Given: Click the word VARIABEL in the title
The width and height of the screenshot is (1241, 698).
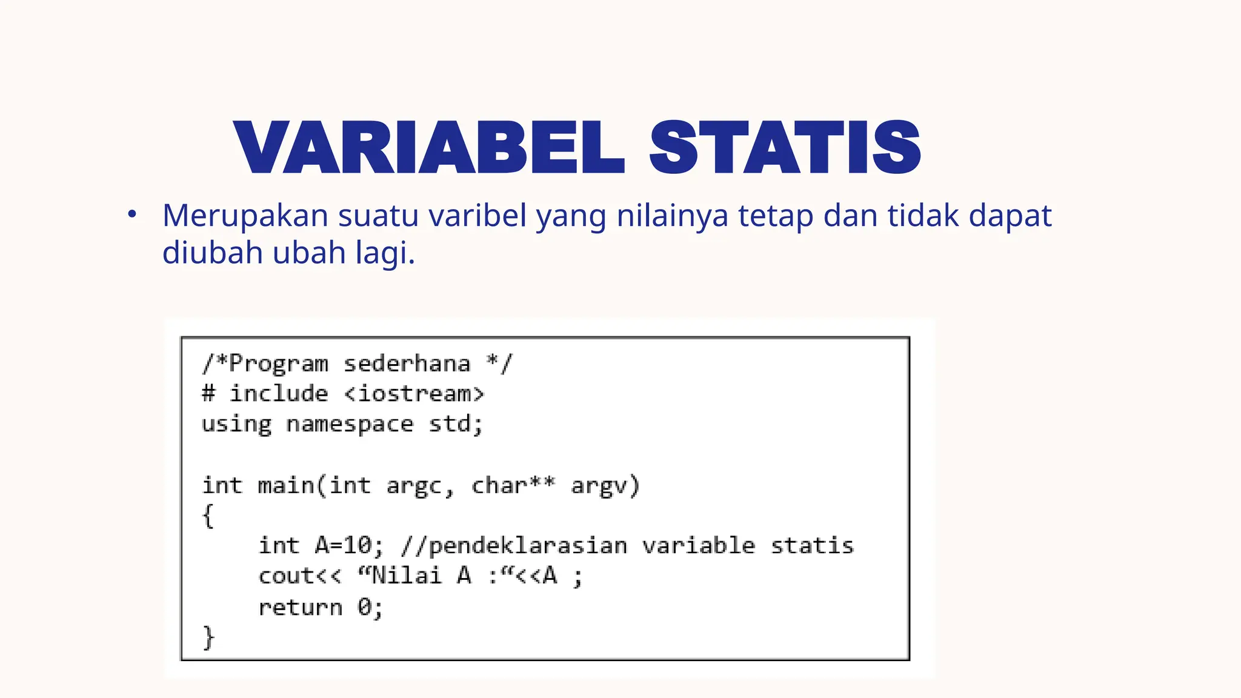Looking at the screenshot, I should (428, 147).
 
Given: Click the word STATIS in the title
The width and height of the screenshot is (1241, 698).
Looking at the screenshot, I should (785, 147).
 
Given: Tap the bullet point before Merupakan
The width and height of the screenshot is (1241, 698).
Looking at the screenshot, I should (132, 214).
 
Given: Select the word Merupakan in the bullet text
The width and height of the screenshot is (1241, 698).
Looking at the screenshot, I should (245, 216).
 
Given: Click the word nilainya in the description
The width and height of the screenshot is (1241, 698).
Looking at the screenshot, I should (672, 216).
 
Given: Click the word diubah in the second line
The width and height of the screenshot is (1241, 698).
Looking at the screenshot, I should (212, 253).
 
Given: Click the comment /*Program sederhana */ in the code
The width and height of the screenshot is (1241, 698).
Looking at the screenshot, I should (357, 364).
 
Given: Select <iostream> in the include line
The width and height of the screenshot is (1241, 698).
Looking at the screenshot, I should (414, 394).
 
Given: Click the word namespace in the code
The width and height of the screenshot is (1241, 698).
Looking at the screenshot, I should (350, 424).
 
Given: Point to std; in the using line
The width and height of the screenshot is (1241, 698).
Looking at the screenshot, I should (456, 424).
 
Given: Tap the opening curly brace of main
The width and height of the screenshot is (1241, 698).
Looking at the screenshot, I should (208, 516).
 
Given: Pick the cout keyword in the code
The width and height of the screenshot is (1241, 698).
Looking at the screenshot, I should (286, 576).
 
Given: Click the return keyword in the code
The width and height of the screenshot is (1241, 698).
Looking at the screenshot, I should (301, 607).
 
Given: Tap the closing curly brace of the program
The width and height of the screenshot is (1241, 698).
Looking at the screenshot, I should (208, 637).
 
